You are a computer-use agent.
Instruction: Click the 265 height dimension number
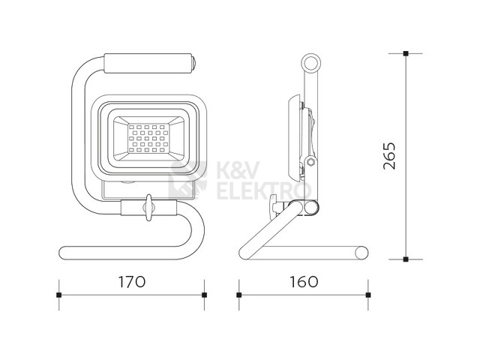[389, 155]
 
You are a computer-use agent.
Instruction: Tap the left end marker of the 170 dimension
[58, 295]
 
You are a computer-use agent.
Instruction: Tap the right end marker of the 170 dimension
[205, 295]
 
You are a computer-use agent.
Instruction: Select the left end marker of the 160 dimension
[239, 295]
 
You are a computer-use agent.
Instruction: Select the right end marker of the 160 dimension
[368, 295]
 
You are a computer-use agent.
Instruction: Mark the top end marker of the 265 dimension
[406, 53]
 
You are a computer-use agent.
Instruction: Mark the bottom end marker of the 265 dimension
[406, 259]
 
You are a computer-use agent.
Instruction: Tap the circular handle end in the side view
[310, 63]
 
